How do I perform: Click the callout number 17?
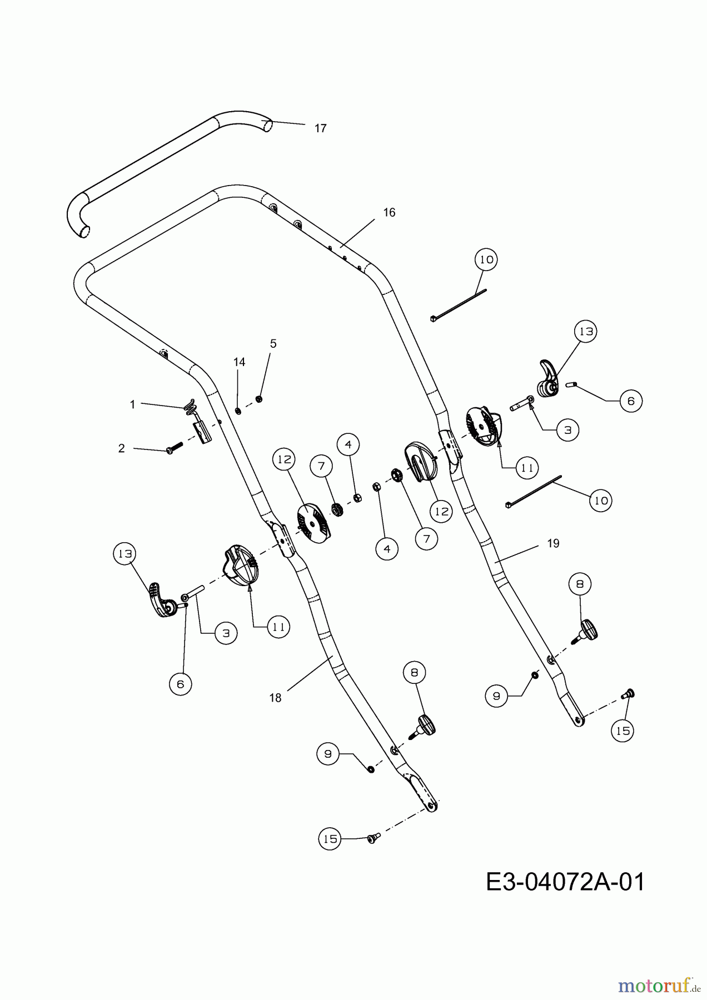coord(320,128)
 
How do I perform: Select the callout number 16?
coord(389,213)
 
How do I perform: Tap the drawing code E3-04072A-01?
coord(566,882)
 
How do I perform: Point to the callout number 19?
coord(553,543)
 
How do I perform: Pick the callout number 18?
coord(276,698)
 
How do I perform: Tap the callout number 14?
coord(239,362)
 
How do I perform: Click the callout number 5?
coord(273,344)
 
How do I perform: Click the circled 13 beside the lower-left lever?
coord(125,554)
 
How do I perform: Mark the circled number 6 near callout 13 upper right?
coord(631,401)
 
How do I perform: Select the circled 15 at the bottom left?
coord(330,839)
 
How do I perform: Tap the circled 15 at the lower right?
coord(623,731)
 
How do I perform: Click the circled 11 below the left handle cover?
coord(278,627)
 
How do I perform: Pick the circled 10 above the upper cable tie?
coord(486,259)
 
